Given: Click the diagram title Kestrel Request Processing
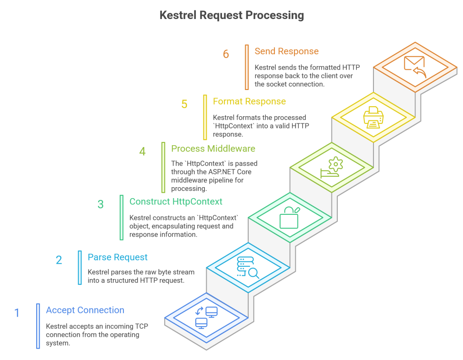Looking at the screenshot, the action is point(231,15).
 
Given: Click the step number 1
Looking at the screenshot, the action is point(17,313).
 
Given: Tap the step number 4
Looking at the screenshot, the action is point(142,152).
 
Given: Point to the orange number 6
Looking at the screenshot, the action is point(226,54).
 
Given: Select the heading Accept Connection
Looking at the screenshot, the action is point(85,310).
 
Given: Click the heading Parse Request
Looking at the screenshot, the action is point(118,257).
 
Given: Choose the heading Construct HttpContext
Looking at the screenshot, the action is point(176,201).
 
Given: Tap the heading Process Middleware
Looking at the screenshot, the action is point(213,148).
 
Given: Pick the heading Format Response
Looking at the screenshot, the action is point(249,101).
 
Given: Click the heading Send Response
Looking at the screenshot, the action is point(286,51).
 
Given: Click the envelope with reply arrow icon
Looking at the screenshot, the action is point(415,67).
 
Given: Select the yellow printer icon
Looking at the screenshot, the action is point(373,117).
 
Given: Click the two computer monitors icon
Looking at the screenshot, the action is point(206,318).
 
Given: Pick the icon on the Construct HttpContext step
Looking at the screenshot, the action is point(289,218).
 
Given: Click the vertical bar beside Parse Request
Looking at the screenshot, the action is point(80,268).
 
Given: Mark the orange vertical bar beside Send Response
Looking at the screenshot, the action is point(246,67).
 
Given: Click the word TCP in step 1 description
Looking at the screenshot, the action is point(142,327).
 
